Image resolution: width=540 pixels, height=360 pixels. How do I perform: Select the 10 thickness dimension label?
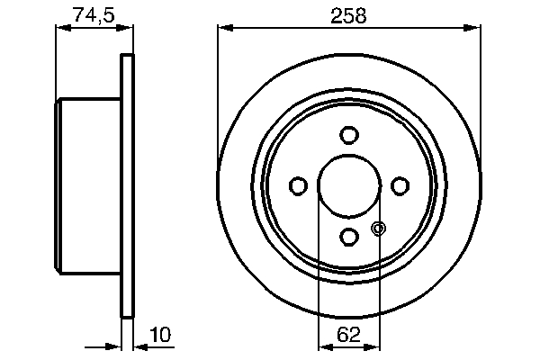pyautogui.click(x=159, y=335)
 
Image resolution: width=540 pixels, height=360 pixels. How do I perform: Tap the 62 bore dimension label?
pyautogui.click(x=349, y=335)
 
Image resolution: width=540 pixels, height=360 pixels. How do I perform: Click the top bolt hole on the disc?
pyautogui.click(x=349, y=135)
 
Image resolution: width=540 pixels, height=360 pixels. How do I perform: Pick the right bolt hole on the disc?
pyautogui.click(x=400, y=185)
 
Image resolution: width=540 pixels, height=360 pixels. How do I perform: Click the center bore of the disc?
pyautogui.click(x=349, y=185)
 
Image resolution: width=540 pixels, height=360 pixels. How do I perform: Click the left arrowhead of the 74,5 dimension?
pyautogui.click(x=64, y=28)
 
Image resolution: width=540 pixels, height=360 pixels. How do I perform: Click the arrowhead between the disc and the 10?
pyautogui.click(x=140, y=344)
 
